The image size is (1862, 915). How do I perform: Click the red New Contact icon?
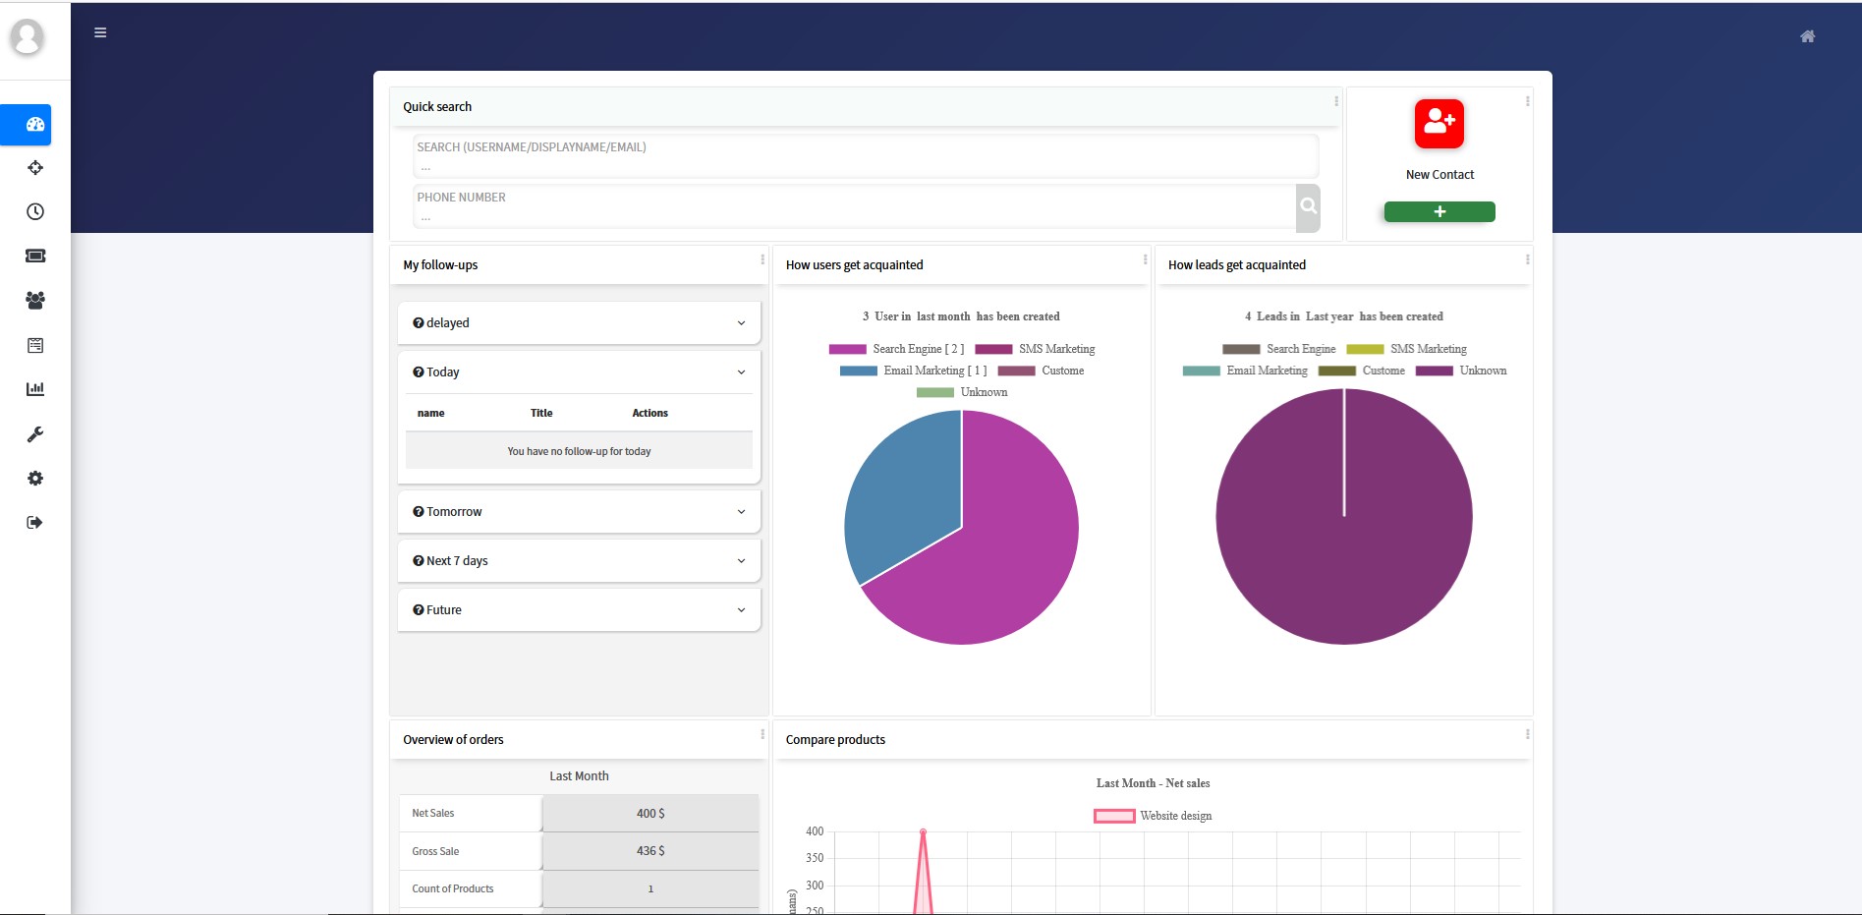click(1439, 124)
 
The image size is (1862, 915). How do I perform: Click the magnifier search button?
click(1308, 207)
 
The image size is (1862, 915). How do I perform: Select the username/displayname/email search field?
click(865, 156)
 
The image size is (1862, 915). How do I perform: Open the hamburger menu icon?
click(100, 32)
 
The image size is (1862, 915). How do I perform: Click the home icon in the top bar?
click(1807, 36)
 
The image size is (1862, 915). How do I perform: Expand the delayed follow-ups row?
click(579, 323)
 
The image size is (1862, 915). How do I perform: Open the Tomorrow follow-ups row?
click(579, 512)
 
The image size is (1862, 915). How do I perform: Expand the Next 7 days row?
click(579, 561)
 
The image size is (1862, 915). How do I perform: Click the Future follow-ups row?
click(579, 610)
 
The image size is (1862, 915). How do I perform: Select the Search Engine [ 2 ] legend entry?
click(896, 349)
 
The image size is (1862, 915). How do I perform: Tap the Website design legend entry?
click(1153, 816)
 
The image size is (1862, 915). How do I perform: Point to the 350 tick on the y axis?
click(815, 858)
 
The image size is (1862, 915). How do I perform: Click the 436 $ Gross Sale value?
click(649, 851)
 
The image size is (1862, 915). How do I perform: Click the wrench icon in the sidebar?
click(35, 434)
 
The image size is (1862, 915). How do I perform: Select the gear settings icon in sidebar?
click(35, 479)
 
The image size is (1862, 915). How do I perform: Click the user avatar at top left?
click(28, 38)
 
